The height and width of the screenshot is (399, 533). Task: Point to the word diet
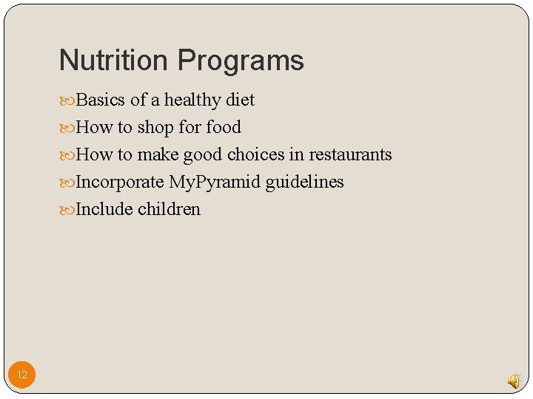pos(240,100)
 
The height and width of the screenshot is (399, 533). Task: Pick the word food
pos(224,127)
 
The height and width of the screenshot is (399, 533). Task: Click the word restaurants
pos(350,154)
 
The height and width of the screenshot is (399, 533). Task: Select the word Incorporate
pos(120,182)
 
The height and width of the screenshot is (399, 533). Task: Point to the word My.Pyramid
pos(215,183)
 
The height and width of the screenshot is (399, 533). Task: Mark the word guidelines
pos(304,182)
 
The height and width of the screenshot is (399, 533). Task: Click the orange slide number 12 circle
pos(22,375)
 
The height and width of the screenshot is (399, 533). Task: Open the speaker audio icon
pos(514,381)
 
